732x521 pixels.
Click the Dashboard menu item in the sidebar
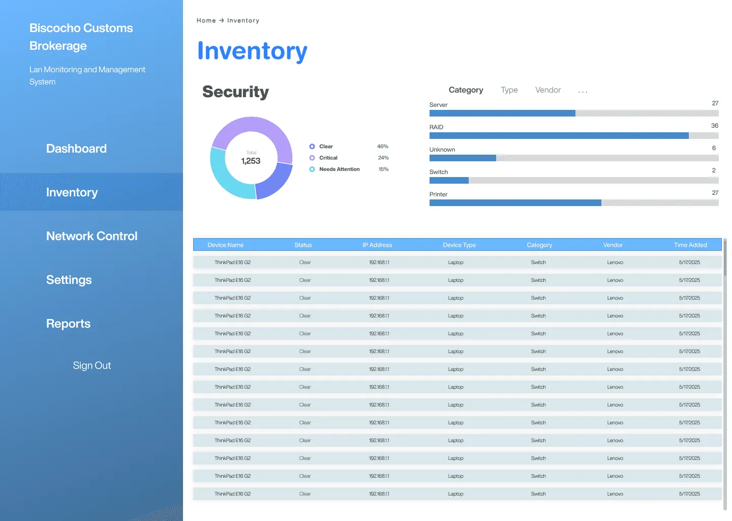tap(76, 149)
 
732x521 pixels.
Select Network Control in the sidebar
tap(91, 236)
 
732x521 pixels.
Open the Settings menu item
tap(69, 280)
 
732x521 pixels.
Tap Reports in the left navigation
tap(68, 324)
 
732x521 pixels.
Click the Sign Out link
tap(91, 365)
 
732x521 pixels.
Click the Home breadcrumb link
tap(206, 20)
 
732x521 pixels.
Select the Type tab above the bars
tap(509, 90)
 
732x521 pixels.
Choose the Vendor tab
tap(547, 90)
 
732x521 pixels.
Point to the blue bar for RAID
tap(559, 136)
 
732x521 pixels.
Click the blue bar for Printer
tap(515, 203)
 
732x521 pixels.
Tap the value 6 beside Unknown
tap(714, 148)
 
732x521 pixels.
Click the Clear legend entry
tap(326, 147)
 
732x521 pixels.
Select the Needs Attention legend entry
tap(339, 169)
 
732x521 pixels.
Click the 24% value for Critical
tap(383, 158)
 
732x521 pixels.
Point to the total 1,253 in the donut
tap(251, 161)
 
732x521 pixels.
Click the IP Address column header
tap(377, 245)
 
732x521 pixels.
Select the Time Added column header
tap(690, 245)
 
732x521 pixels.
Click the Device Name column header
tap(225, 245)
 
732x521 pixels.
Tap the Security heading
tap(235, 92)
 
